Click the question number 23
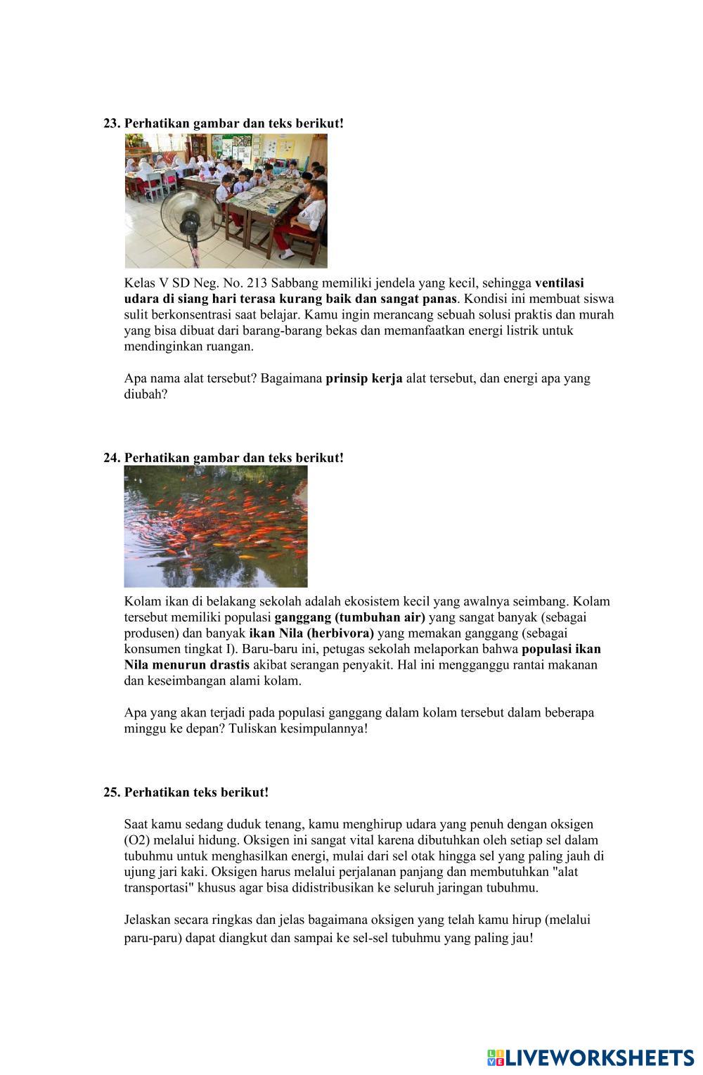coord(112,123)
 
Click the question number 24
coord(112,458)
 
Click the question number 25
coord(112,792)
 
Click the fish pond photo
coord(216,527)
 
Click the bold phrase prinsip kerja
coord(364,378)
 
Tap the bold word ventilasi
coord(560,283)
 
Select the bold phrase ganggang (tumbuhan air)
coord(349,617)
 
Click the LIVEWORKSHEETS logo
coord(590,1058)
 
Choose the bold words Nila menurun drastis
coord(187,665)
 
